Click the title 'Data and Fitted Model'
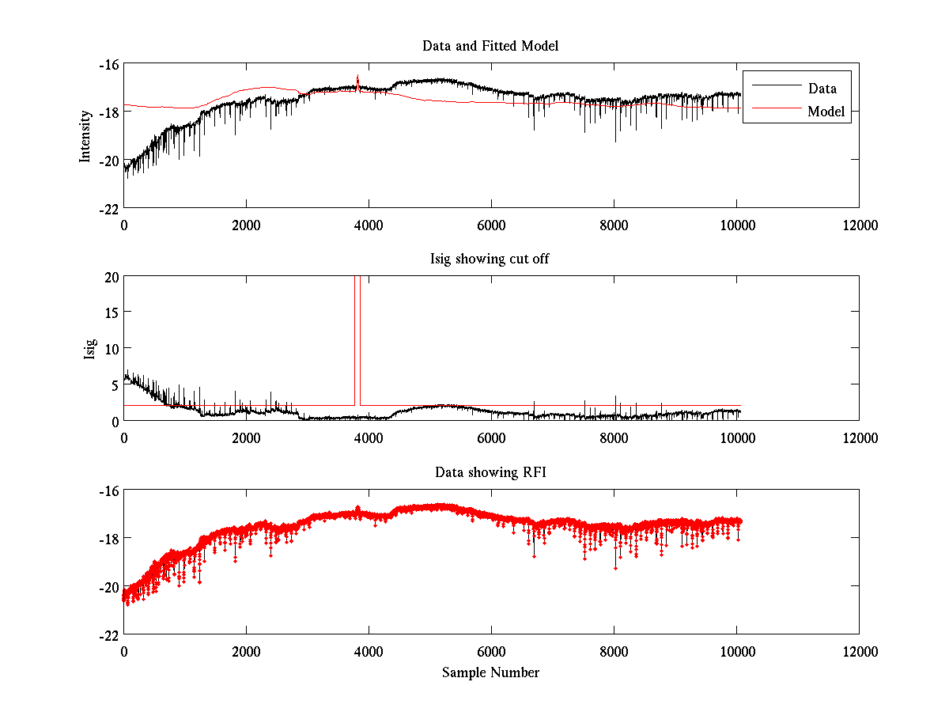click(x=490, y=46)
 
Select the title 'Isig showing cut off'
click(x=490, y=259)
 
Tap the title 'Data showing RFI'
click(x=490, y=472)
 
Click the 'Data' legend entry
click(x=822, y=89)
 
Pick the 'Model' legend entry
click(x=826, y=112)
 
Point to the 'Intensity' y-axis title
click(x=85, y=136)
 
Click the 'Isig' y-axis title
click(x=89, y=348)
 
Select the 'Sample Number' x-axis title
click(x=490, y=672)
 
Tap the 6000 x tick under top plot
click(x=491, y=225)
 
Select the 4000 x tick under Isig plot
click(x=369, y=437)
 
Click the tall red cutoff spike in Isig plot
click(x=357, y=332)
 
